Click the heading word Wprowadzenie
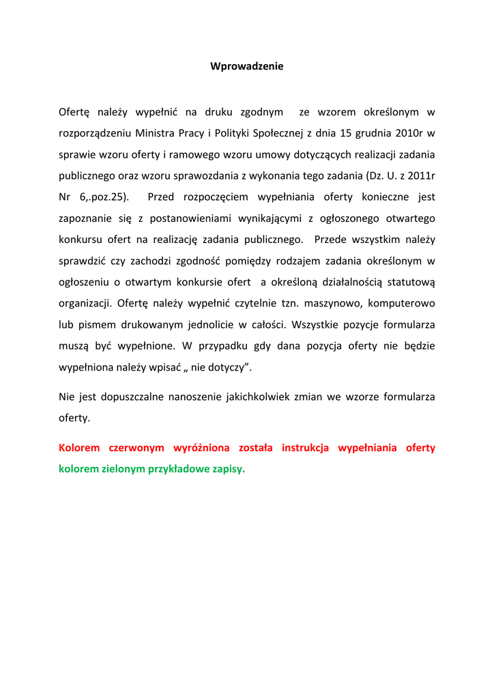tap(246, 67)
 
